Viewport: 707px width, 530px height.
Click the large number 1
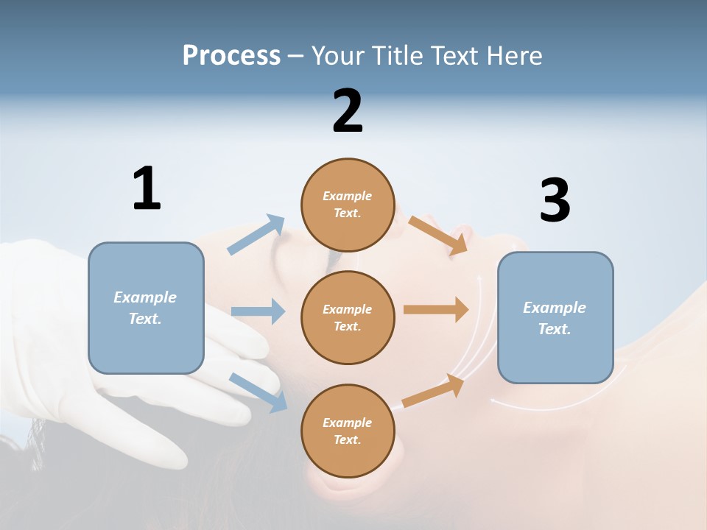tap(147, 188)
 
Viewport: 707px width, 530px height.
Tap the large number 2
tap(348, 111)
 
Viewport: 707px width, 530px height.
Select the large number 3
tap(555, 200)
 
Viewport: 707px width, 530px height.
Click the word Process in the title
tap(231, 55)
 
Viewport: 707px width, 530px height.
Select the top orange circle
tap(348, 205)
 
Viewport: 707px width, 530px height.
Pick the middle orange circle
tap(348, 317)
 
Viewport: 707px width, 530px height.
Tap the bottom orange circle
tap(348, 431)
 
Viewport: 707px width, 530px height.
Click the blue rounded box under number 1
tap(146, 308)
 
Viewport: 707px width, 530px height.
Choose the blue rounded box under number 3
tap(555, 317)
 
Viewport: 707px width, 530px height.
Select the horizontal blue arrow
tap(258, 311)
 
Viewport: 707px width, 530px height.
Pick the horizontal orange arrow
tap(436, 309)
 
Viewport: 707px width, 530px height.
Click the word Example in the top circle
tap(347, 196)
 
